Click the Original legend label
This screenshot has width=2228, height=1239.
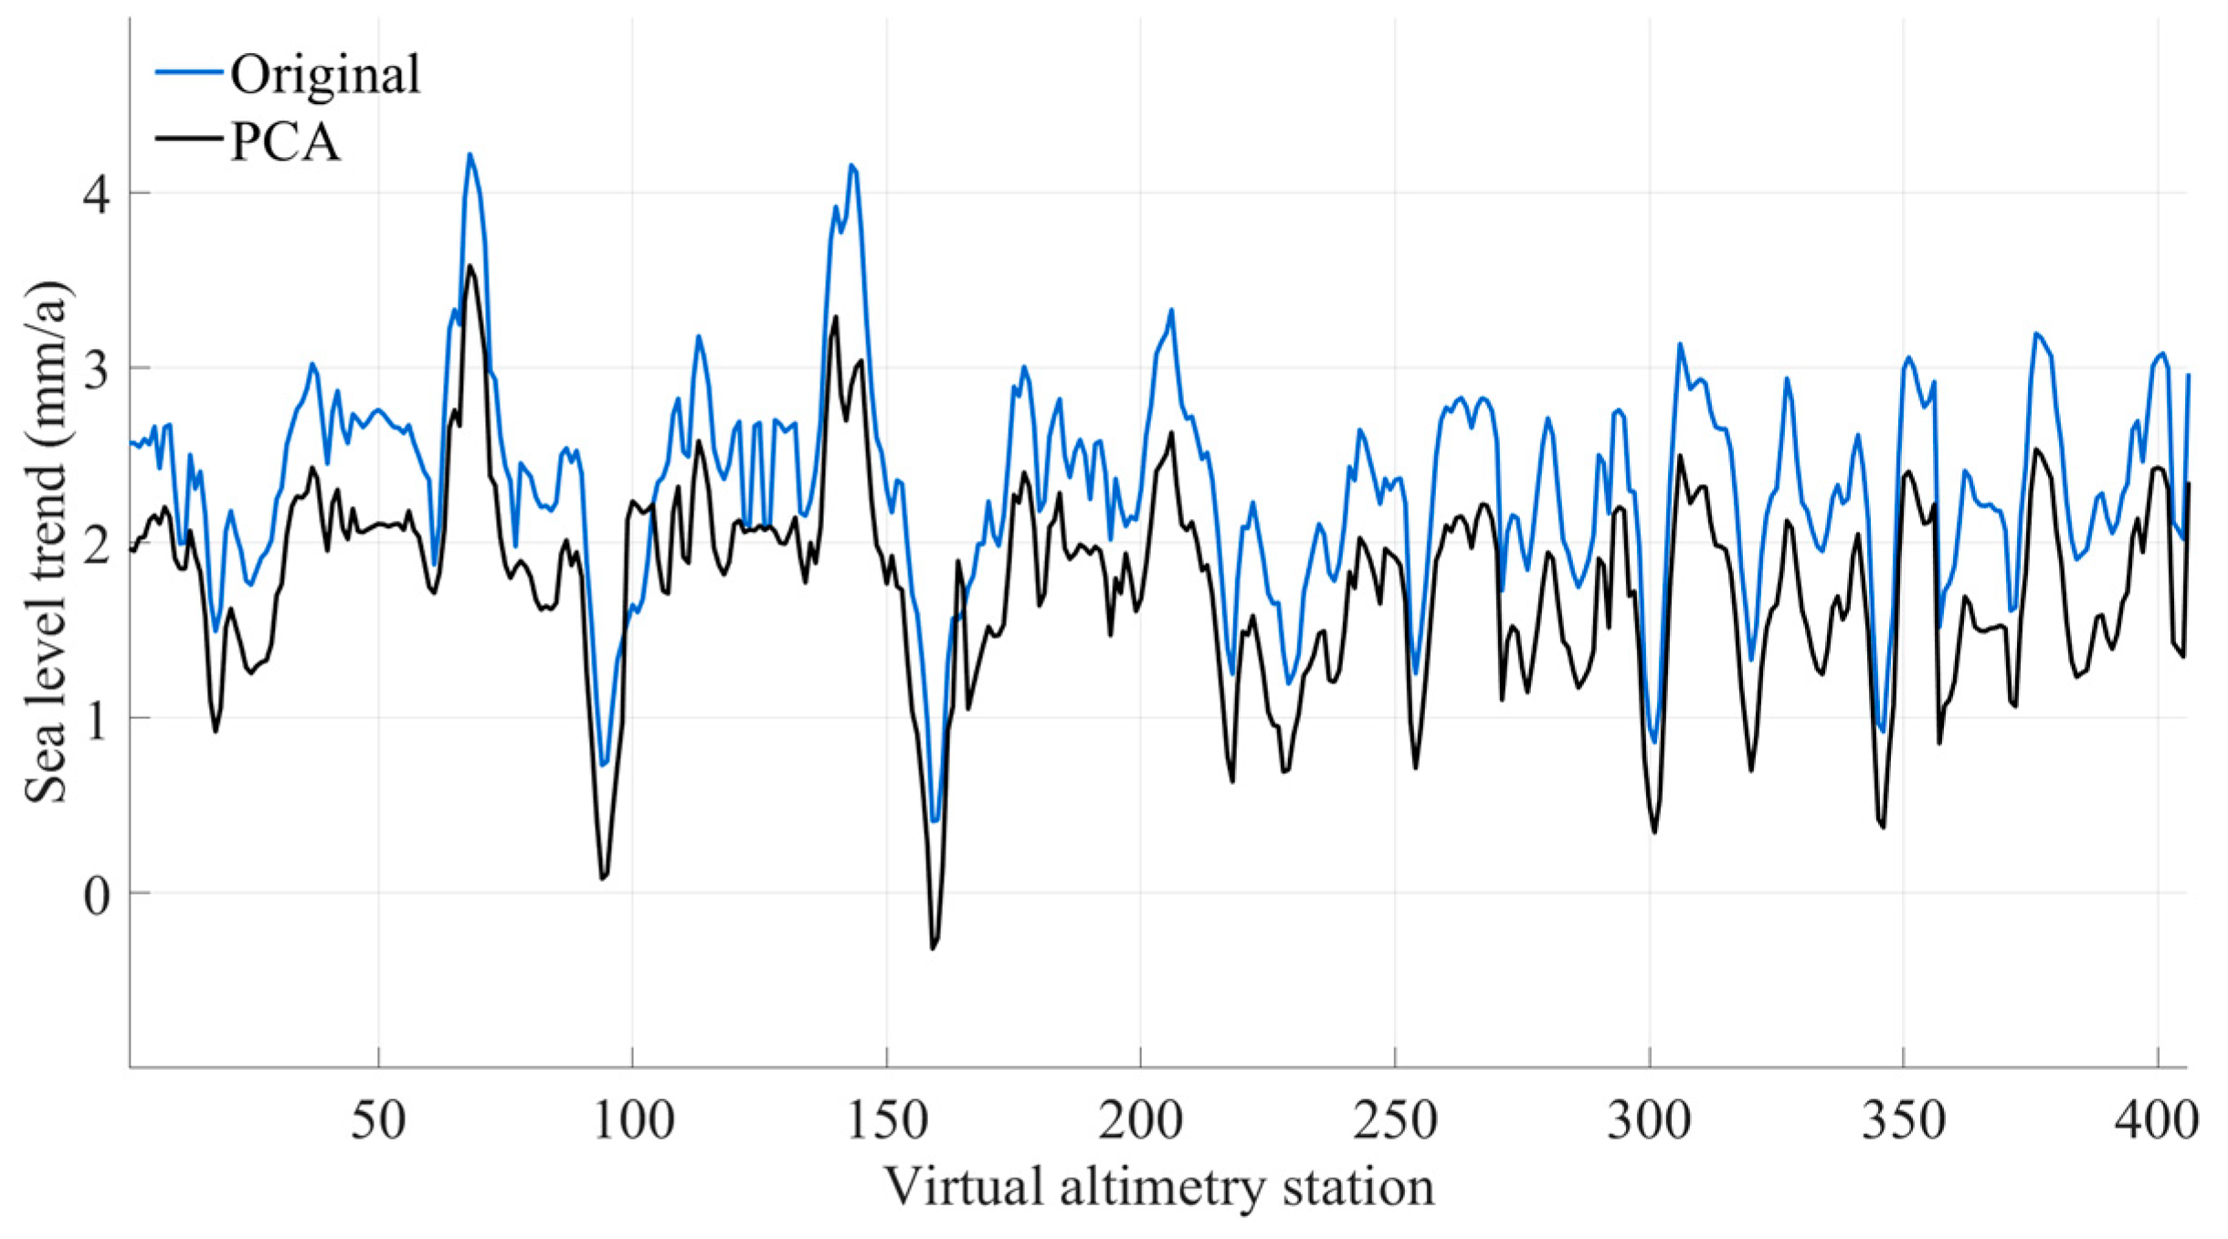[324, 74]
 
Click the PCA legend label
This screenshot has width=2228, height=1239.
[285, 142]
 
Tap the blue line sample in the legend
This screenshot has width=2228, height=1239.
[189, 71]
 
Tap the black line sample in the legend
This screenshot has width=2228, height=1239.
[189, 139]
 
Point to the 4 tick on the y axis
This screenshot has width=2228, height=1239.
[97, 194]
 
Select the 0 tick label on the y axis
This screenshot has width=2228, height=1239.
[97, 895]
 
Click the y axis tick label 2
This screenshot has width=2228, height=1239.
[97, 545]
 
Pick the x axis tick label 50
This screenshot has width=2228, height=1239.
[377, 1120]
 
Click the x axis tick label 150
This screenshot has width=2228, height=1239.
[886, 1120]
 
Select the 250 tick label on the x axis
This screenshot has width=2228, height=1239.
[1395, 1120]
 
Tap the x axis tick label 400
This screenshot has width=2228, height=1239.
[2157, 1120]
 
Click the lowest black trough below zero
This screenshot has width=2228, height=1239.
[933, 948]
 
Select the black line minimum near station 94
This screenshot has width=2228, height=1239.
[602, 878]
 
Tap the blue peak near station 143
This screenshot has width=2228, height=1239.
[851, 165]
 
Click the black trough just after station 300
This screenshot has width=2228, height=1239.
[1654, 831]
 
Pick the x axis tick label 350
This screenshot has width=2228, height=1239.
[1904, 1120]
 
